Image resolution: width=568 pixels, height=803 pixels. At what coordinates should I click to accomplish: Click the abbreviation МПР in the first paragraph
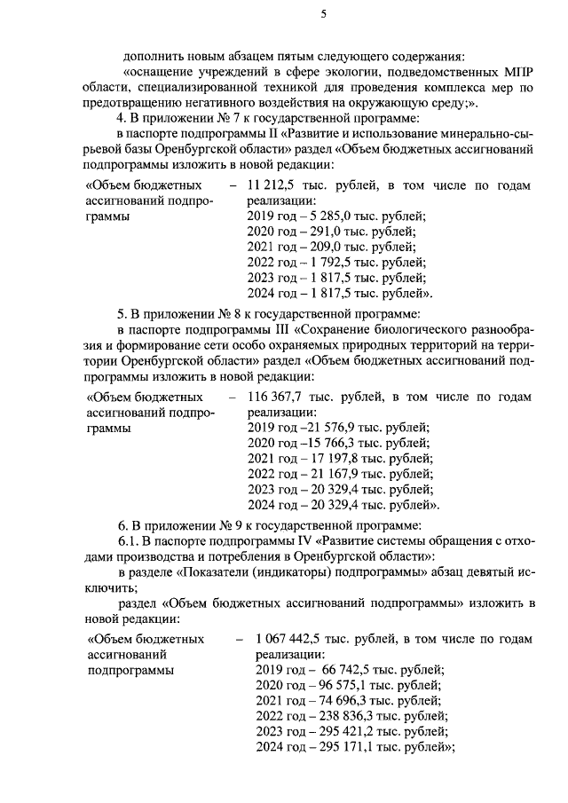pyautogui.click(x=516, y=71)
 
